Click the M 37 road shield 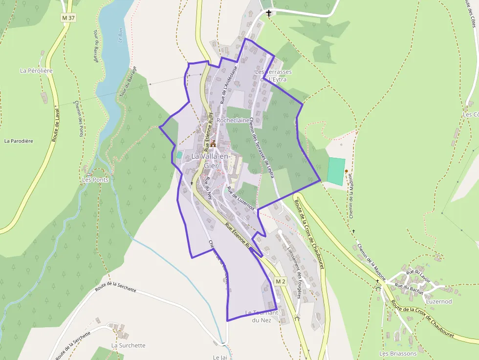pyautogui.click(x=68, y=18)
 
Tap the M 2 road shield pyautogui.click(x=280, y=282)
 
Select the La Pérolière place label pyautogui.click(x=36, y=70)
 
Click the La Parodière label pyautogui.click(x=19, y=141)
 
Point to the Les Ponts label pyautogui.click(x=95, y=179)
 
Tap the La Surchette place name pyautogui.click(x=128, y=345)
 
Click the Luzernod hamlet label pyautogui.click(x=439, y=301)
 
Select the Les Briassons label pyautogui.click(x=398, y=353)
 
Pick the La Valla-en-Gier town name pyautogui.click(x=210, y=161)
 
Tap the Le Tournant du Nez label pyautogui.click(x=261, y=317)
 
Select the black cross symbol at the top pyautogui.click(x=269, y=12)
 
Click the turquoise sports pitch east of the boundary pyautogui.click(x=336, y=171)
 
